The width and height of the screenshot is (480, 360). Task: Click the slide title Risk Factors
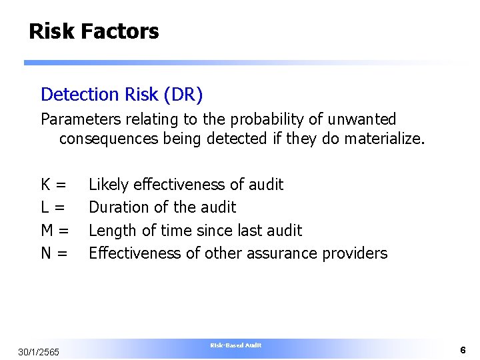[x=93, y=31]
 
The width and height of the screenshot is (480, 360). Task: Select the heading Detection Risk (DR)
[x=121, y=95]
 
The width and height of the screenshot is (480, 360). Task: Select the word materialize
[x=384, y=140]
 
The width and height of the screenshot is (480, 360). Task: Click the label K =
[x=53, y=185]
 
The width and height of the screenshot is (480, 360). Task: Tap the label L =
[x=53, y=207]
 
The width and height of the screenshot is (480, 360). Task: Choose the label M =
[x=55, y=231]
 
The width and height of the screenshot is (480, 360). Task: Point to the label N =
[x=54, y=253]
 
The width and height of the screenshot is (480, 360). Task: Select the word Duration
[x=117, y=207]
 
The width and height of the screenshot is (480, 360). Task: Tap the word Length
[x=110, y=231]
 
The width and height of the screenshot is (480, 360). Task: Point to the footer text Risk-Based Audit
[x=235, y=345]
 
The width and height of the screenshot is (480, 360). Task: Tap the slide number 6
[x=462, y=350]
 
